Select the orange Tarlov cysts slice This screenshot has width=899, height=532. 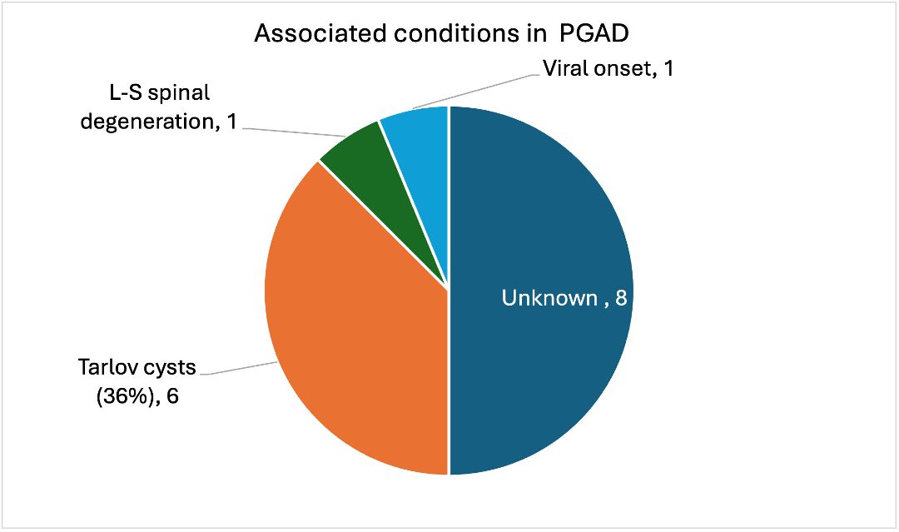358,333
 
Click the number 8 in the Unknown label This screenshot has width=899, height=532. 620,298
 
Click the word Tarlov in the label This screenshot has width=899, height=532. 107,367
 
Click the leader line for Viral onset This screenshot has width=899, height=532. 474,91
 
